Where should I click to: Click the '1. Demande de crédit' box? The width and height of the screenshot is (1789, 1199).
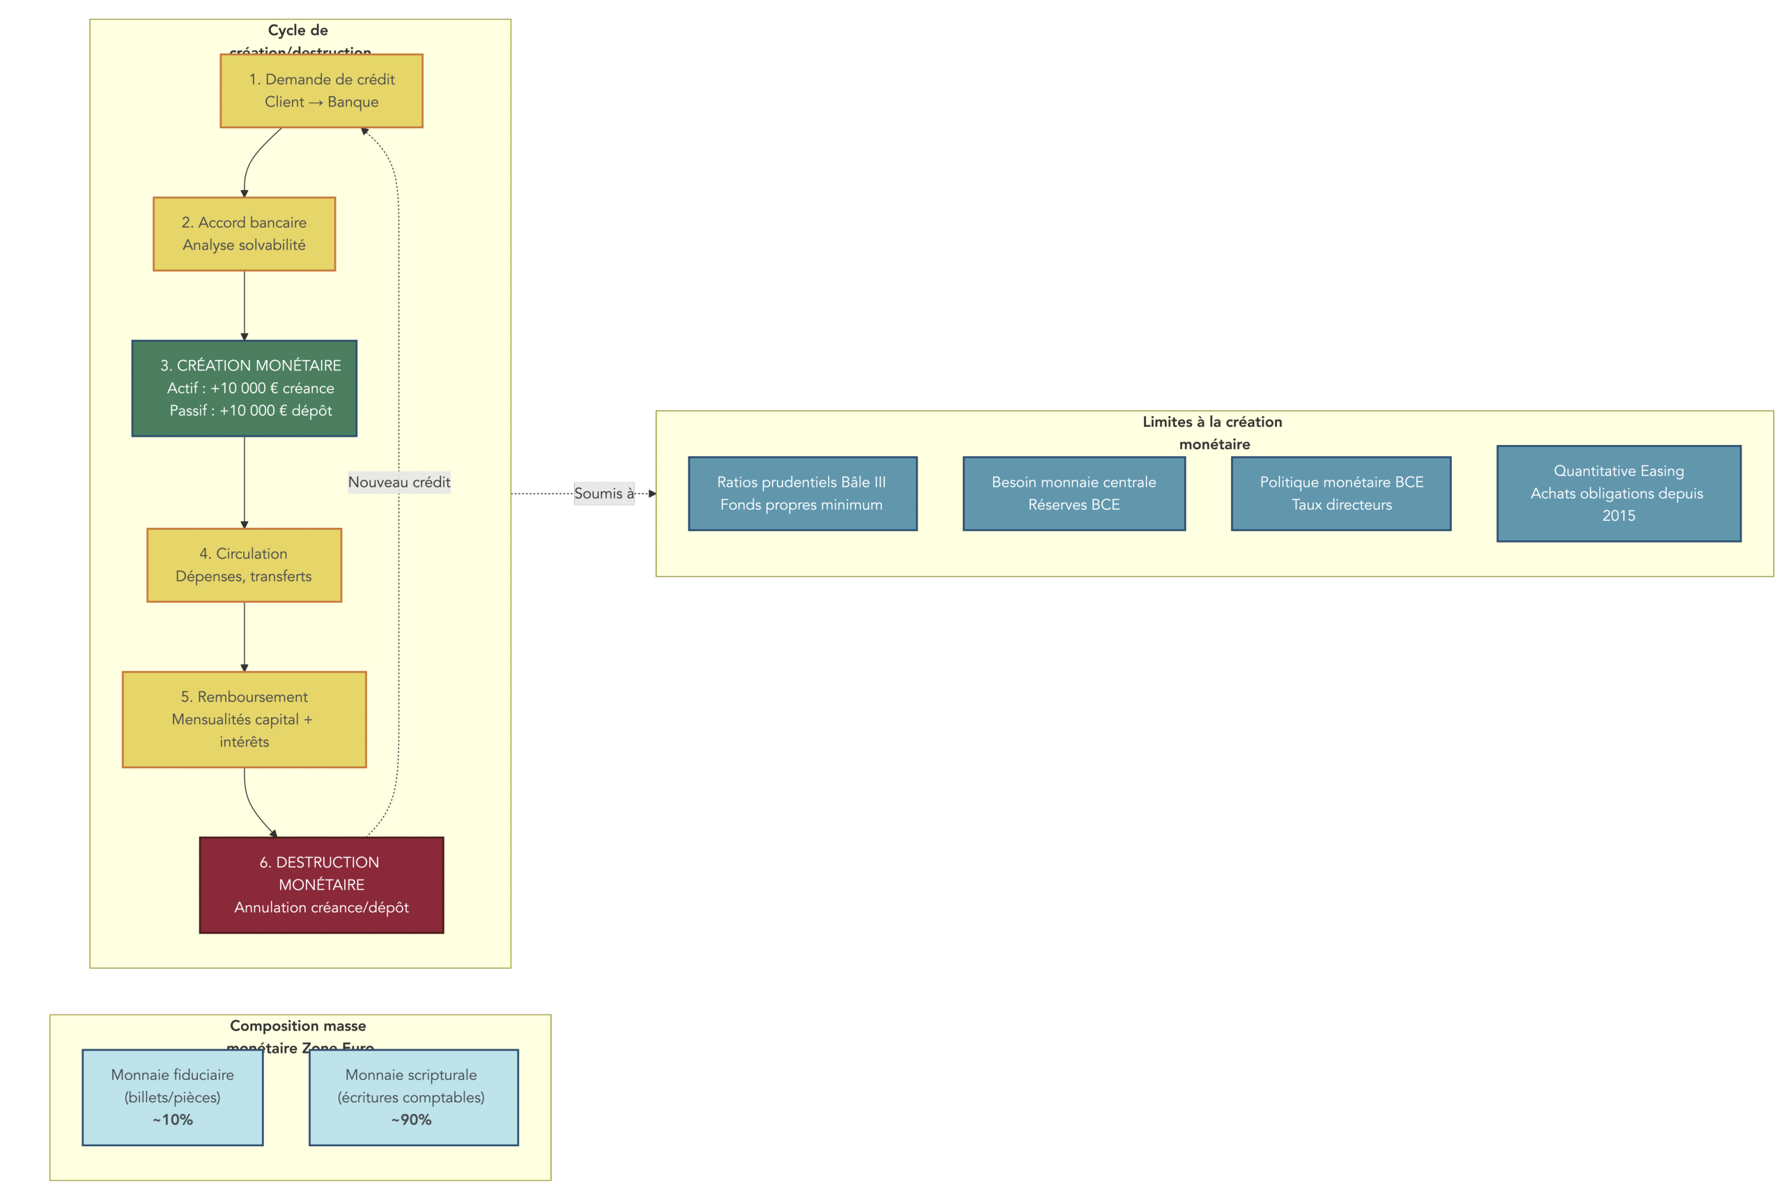pos(321,91)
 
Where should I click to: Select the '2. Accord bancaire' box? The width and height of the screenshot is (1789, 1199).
pos(244,233)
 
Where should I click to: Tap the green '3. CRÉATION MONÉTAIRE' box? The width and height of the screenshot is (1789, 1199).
pos(244,388)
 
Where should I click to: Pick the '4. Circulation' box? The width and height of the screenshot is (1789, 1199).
pos(244,564)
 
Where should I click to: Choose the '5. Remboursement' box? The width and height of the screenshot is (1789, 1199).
pos(244,719)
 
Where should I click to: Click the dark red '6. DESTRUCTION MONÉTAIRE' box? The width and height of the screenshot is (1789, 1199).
pos(321,885)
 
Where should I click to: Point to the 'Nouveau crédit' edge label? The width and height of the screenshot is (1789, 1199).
pos(398,482)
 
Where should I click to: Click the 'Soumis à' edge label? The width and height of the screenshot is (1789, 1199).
pos(603,493)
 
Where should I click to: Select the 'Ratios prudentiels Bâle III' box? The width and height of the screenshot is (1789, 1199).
pos(802,493)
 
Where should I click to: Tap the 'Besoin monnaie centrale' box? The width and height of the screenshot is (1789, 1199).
pos(1073,493)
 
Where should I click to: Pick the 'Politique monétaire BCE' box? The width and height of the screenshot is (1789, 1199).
pos(1341,493)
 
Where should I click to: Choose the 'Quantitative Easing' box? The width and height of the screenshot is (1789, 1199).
pos(1618,493)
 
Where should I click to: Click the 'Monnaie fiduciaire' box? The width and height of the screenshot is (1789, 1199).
pos(172,1097)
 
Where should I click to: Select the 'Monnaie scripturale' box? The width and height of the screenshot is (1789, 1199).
pos(413,1097)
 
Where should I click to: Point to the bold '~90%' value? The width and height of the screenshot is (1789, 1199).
pos(412,1120)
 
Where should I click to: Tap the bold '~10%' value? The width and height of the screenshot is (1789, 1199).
pos(172,1120)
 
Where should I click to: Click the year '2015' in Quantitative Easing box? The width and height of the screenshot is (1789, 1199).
pos(1618,515)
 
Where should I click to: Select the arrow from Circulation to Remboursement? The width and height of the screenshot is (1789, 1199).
pos(244,636)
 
